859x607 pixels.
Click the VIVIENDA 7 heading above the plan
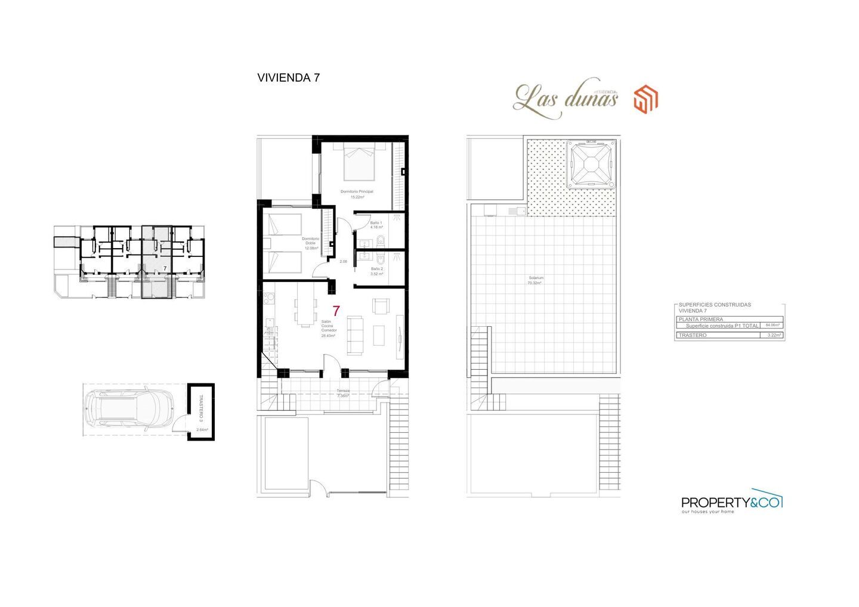click(288, 78)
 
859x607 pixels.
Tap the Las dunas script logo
click(565, 98)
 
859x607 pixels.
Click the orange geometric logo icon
click(645, 99)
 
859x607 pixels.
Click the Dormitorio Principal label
click(357, 191)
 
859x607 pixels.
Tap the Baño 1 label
click(376, 223)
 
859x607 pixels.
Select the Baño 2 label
click(376, 269)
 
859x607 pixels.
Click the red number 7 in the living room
click(336, 311)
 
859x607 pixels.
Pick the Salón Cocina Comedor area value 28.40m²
click(328, 336)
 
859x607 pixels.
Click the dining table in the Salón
click(305, 311)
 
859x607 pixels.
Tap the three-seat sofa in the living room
click(355, 335)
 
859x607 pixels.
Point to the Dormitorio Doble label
click(311, 241)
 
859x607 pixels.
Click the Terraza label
click(343, 391)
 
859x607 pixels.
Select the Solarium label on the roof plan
click(536, 278)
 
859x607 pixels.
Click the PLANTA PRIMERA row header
click(701, 319)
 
